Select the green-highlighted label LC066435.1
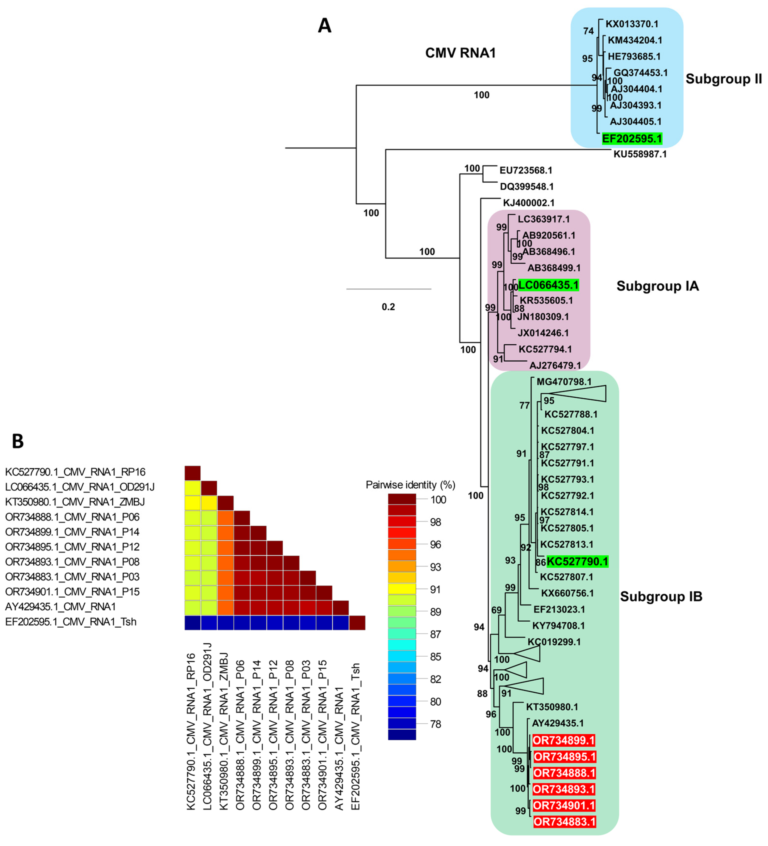click(549, 285)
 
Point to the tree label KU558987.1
click(640, 154)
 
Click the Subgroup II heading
click(723, 79)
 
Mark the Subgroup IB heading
click(661, 596)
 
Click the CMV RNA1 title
click(460, 53)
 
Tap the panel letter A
click(324, 26)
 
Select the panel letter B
click(18, 441)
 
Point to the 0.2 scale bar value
click(388, 307)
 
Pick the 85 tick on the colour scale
click(435, 656)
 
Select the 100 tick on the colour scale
click(438, 499)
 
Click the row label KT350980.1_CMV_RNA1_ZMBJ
click(72, 502)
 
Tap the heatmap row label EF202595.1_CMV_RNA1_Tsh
click(71, 621)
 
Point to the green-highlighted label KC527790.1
click(577, 561)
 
